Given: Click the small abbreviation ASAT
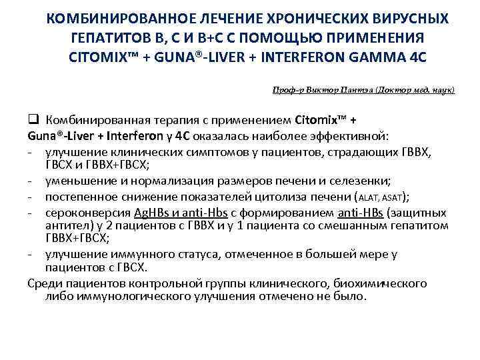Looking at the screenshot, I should point(393,197).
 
